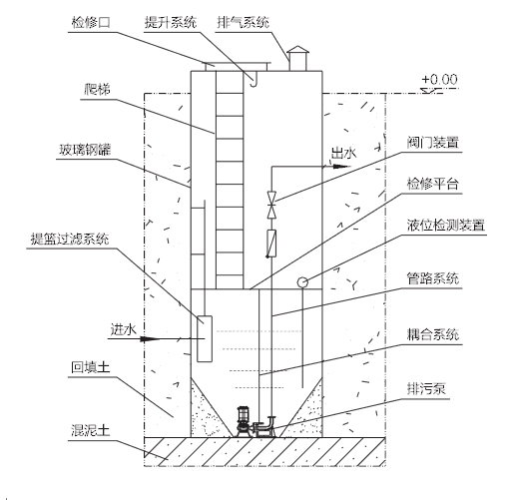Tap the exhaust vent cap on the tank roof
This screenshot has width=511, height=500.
[297, 50]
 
